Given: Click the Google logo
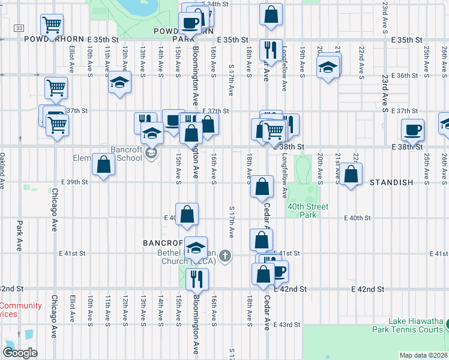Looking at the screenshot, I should point(20,353).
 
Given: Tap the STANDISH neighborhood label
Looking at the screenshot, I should point(391,182).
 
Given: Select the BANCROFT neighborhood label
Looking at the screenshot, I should point(162,243).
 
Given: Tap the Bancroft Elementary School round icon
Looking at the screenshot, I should point(151,155).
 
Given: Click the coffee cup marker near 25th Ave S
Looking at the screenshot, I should point(412,129).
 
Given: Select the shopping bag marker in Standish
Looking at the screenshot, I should point(352,174).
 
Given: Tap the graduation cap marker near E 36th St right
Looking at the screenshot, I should point(328,67).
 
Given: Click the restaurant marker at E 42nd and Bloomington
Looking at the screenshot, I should point(196,278).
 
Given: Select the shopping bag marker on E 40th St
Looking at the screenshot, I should point(187,214).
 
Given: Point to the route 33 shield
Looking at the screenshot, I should point(19,28).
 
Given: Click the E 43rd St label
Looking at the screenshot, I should point(286,325).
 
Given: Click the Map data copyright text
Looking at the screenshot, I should point(423,355).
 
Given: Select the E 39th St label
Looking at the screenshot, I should point(74,181).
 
